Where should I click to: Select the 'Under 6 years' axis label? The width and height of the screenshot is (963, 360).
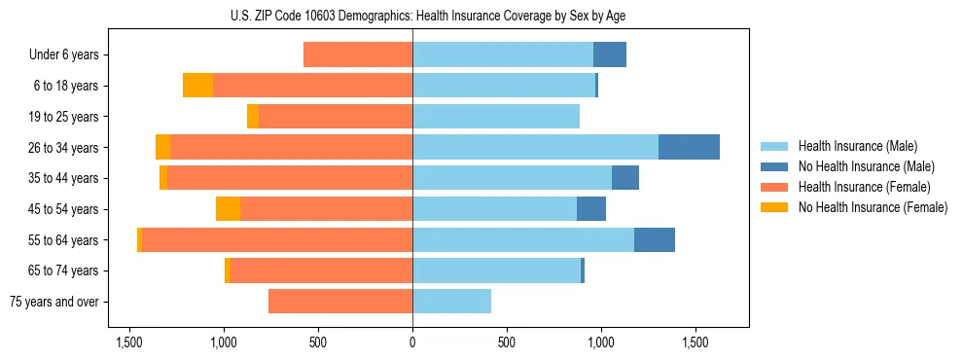tap(64, 55)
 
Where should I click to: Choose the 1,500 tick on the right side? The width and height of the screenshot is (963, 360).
tap(695, 343)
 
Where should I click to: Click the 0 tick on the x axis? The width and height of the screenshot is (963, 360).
tap(412, 343)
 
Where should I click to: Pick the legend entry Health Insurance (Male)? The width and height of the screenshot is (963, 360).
tap(857, 146)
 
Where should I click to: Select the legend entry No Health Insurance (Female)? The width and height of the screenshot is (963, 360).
tap(873, 207)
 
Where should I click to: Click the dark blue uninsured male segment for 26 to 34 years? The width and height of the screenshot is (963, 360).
tap(689, 147)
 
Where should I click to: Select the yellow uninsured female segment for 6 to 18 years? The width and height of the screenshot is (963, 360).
tap(197, 86)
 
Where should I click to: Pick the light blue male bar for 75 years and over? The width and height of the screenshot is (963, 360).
tap(451, 302)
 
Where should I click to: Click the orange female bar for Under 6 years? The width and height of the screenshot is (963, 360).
tap(358, 54)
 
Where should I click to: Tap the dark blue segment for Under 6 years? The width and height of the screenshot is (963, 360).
tap(610, 54)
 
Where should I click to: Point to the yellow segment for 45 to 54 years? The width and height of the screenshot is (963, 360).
tap(228, 209)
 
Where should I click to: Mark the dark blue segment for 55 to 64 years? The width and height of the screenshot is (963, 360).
tap(655, 239)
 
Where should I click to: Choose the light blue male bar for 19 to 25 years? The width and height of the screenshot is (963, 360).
tap(496, 117)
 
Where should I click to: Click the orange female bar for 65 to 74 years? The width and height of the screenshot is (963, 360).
tap(321, 270)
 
